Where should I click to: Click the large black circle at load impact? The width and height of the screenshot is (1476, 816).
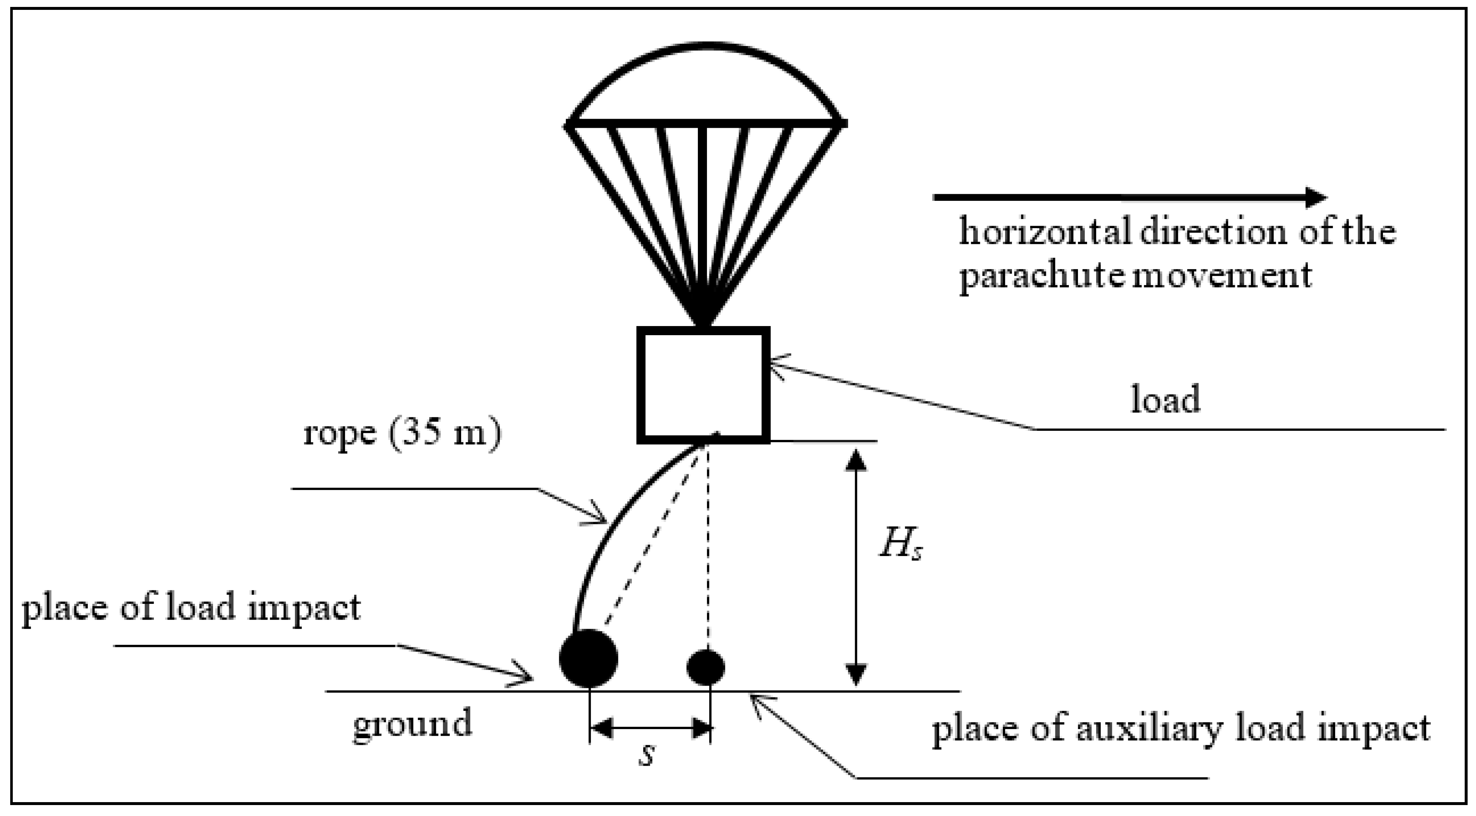[x=588, y=658]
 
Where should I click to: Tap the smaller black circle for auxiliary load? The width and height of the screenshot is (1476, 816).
[x=706, y=667]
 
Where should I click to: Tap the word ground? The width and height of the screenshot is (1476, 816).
[x=412, y=724]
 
